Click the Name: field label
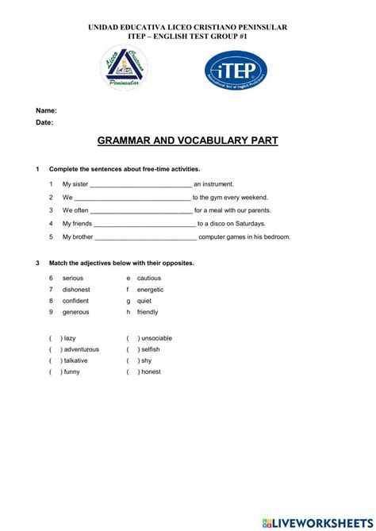click(x=46, y=111)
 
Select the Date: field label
click(x=44, y=123)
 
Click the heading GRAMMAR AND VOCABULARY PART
click(x=187, y=140)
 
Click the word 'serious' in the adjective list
click(x=73, y=278)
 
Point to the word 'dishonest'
click(x=76, y=290)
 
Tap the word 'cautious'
click(x=149, y=278)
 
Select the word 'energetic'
click(x=151, y=290)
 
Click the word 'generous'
click(x=76, y=312)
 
